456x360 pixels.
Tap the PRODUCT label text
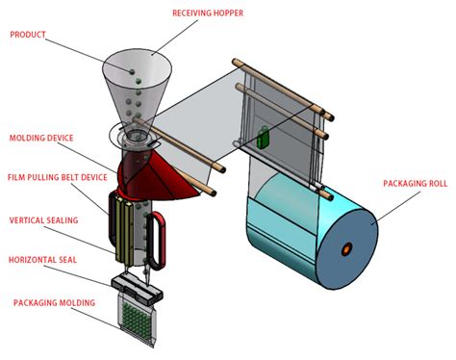[x=30, y=36]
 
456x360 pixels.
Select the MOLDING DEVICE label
[x=42, y=139]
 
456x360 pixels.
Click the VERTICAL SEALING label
[x=43, y=220]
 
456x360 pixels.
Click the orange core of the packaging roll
[x=343, y=251]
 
